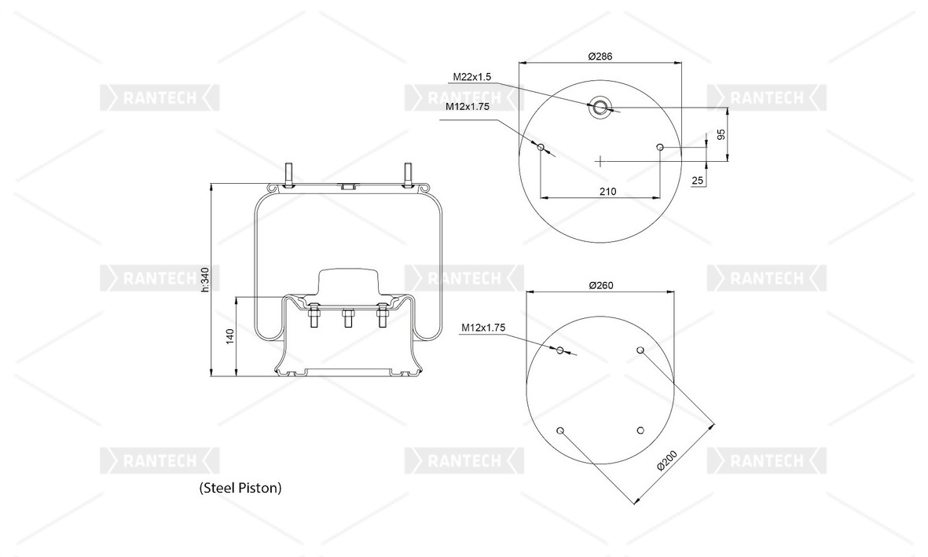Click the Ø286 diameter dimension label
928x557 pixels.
[x=600, y=57]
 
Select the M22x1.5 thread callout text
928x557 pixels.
[x=471, y=77]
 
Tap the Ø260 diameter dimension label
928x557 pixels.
[x=600, y=284]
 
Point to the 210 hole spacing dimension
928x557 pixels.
[x=607, y=191]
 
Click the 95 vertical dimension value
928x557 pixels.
[x=721, y=134]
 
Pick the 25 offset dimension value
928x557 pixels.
[x=696, y=181]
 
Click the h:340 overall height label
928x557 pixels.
[x=204, y=280]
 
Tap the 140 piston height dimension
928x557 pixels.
[x=230, y=335]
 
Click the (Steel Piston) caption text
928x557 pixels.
[x=240, y=488]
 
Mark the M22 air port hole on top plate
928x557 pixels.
[x=600, y=108]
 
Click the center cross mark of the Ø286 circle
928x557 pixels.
[x=600, y=161]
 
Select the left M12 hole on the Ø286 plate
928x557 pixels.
[x=541, y=147]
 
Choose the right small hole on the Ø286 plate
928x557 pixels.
[x=660, y=147]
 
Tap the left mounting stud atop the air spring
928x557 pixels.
[x=288, y=174]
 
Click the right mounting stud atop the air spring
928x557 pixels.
[x=409, y=174]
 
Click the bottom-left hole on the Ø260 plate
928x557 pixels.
[x=560, y=431]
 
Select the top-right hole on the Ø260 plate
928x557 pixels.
[x=640, y=350]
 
